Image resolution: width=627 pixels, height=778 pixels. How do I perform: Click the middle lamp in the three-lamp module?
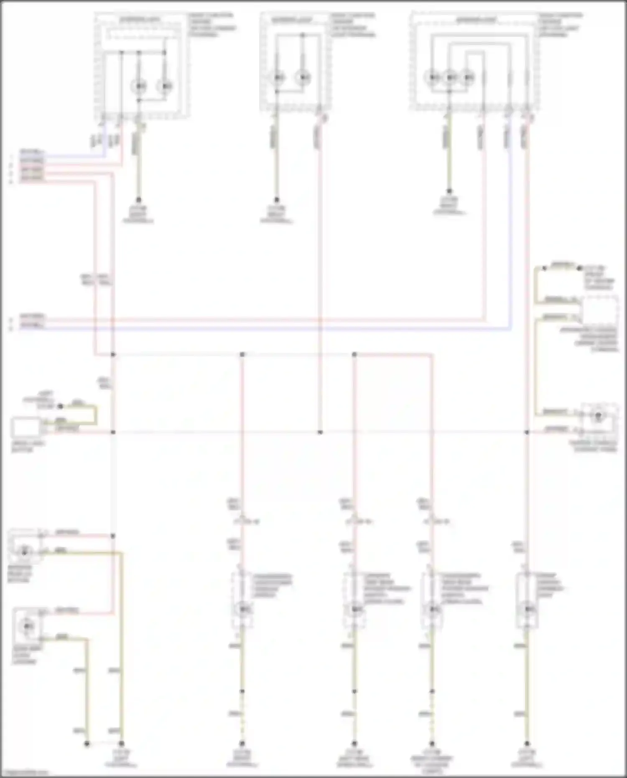coord(450,77)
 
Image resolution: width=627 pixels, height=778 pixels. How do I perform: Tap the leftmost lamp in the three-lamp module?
coord(433,77)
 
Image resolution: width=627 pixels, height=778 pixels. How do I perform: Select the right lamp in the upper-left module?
coord(165,86)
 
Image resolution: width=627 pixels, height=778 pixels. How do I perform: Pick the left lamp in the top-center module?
coord(278,77)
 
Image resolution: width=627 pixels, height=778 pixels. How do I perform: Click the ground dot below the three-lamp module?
coord(449,191)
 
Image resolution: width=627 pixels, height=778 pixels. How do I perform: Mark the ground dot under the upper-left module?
coord(138,200)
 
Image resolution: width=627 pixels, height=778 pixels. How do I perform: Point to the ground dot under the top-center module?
coord(276,200)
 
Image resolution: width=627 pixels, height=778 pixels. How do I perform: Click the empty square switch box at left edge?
coord(26,427)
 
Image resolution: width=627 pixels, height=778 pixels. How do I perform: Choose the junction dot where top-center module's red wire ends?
coord(320,432)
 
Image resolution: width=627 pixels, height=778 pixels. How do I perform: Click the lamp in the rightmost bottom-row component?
coord(528,609)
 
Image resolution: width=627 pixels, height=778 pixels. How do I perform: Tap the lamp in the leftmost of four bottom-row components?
coord(242,609)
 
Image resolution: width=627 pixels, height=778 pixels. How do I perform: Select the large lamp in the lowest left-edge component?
coord(27,625)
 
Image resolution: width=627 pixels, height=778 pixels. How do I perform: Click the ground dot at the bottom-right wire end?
coord(527,744)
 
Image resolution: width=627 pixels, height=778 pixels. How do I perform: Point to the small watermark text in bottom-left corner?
coord(24,773)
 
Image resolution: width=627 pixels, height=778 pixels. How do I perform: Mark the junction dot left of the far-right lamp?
coord(527,432)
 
